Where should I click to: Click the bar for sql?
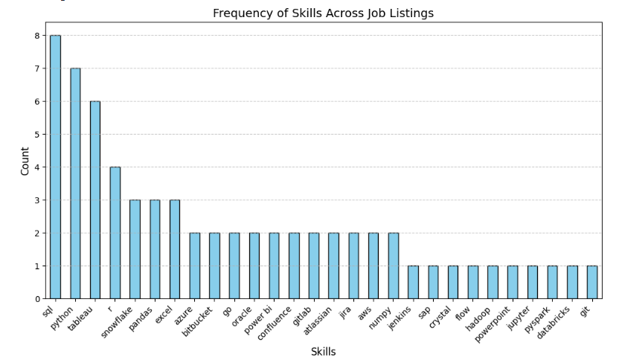tap(55, 167)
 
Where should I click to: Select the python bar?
tap(75, 183)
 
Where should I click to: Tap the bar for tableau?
tap(95, 199)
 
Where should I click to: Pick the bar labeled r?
tap(115, 232)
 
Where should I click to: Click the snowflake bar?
tap(135, 248)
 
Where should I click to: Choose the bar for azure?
tap(194, 266)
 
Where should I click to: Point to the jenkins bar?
tap(413, 282)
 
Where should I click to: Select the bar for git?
tap(592, 282)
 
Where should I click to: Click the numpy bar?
tap(393, 266)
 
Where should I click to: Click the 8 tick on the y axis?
tap(36, 36)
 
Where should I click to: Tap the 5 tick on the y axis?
tap(36, 135)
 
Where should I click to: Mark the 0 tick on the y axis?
tap(36, 299)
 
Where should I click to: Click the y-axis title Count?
tap(25, 161)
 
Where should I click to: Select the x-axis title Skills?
tap(323, 352)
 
